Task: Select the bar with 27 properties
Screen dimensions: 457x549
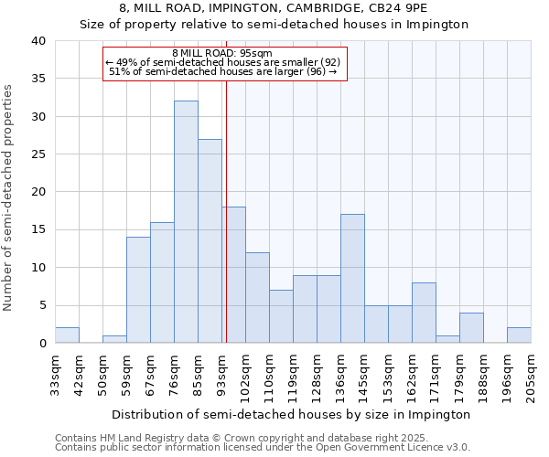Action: pyautogui.click(x=210, y=241)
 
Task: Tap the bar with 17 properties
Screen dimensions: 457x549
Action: pyautogui.click(x=352, y=279)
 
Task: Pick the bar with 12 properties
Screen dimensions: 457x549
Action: pyautogui.click(x=257, y=298)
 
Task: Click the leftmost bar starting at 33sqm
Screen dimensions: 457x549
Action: pyautogui.click(x=67, y=335)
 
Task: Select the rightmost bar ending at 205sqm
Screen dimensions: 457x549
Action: pyautogui.click(x=519, y=335)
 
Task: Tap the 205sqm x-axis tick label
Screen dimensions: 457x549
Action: pyautogui.click(x=532, y=375)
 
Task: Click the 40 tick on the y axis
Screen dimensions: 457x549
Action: pyautogui.click(x=38, y=41)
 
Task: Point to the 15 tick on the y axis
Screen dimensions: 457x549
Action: pyautogui.click(x=38, y=229)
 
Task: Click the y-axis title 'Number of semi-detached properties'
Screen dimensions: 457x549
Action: pyautogui.click(x=10, y=197)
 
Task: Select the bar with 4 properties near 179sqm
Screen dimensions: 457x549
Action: pyautogui.click(x=471, y=328)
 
